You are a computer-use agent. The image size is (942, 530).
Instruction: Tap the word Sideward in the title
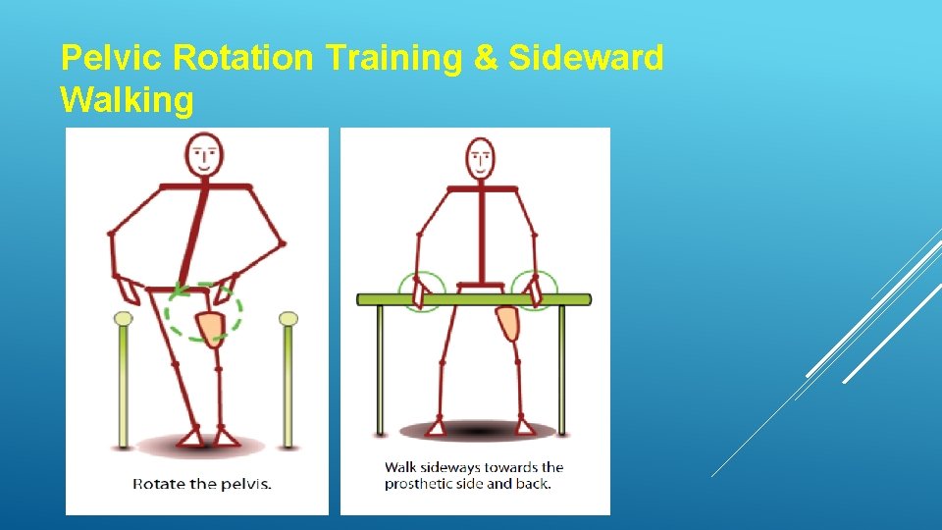pyautogui.click(x=586, y=59)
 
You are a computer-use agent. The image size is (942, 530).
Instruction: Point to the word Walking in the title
pyautogui.click(x=128, y=100)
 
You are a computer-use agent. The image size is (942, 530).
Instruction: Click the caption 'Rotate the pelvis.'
pyautogui.click(x=202, y=483)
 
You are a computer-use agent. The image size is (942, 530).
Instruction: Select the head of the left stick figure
pyautogui.click(x=204, y=156)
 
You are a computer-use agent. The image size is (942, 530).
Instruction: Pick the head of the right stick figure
pyautogui.click(x=480, y=157)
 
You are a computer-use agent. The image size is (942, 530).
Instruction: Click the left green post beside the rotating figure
pyautogui.click(x=124, y=383)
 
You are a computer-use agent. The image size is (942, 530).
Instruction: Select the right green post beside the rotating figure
pyautogui.click(x=288, y=383)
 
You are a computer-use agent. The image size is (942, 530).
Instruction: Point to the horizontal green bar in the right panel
pyautogui.click(x=474, y=299)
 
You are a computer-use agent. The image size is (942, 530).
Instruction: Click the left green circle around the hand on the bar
pyautogui.click(x=423, y=291)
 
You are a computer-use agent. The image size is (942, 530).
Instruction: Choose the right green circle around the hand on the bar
pyautogui.click(x=535, y=291)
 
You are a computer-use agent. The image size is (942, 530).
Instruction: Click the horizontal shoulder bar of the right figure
pyautogui.click(x=481, y=187)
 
